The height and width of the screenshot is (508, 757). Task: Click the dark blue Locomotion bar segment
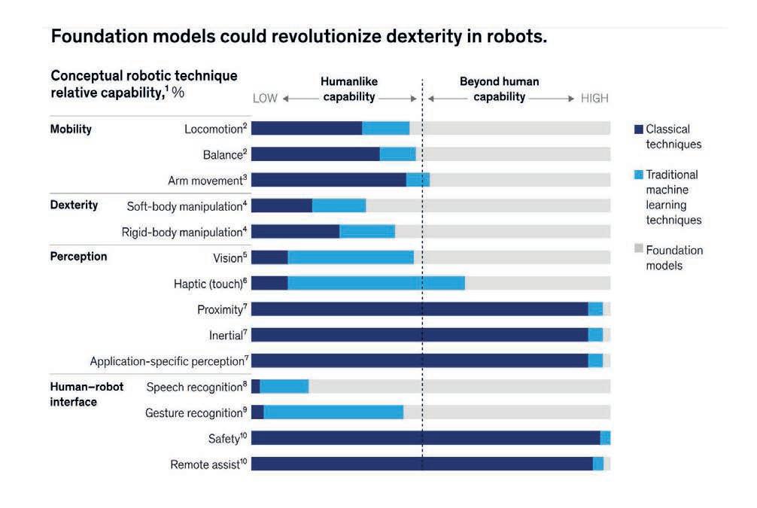coord(306,128)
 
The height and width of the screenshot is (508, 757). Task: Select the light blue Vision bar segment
coord(351,257)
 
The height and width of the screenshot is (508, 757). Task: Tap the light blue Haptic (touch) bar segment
coord(376,283)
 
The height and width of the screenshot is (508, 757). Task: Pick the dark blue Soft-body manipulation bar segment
coord(281,205)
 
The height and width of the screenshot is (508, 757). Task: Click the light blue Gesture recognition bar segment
coord(333,412)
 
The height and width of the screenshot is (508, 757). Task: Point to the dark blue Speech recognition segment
coord(255,386)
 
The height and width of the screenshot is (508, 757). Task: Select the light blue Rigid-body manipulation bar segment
coord(367,231)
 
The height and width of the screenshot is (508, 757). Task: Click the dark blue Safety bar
coord(425,438)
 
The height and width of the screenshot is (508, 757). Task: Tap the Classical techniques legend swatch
coord(639,129)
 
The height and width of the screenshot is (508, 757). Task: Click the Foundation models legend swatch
coord(639,250)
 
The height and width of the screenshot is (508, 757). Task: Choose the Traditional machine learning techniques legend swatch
coord(639,175)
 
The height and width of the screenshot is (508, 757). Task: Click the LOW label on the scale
coord(265,99)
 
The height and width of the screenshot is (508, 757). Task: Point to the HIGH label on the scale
coord(594,99)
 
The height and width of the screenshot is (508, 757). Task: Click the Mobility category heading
coord(71,129)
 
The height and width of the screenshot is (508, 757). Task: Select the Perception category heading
coord(78,257)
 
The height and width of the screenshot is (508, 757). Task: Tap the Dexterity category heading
coord(74,205)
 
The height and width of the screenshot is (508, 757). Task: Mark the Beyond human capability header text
coord(499,89)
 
